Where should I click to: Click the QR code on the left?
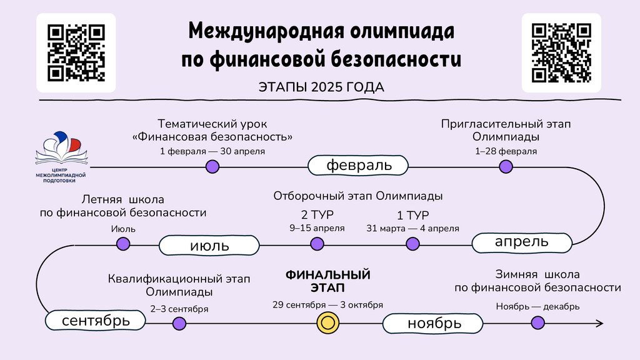[76, 52]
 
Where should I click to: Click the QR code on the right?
[561, 52]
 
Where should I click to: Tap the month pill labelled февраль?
[358, 166]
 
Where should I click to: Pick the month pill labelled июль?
[209, 245]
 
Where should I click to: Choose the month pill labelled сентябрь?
[96, 321]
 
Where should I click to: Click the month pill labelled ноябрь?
[434, 324]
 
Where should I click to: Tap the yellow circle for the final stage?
[327, 323]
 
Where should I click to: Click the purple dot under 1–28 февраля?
[506, 166]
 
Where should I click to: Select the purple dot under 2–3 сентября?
[179, 323]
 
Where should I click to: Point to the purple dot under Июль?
[124, 244]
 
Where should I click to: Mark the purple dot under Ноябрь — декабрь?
[537, 322]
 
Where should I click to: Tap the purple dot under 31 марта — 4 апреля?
[412, 244]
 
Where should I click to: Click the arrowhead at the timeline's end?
[599, 323]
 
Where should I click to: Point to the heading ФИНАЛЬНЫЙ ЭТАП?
[327, 281]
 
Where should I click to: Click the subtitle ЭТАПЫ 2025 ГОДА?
[321, 86]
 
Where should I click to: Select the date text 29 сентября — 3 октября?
[327, 305]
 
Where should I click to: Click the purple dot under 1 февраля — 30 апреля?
[212, 166]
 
